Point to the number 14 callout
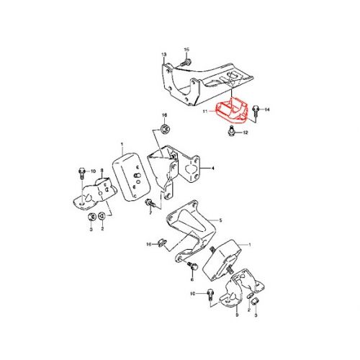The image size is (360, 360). (x=267, y=109)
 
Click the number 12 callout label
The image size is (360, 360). (x=245, y=133)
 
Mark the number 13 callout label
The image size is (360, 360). (x=163, y=55)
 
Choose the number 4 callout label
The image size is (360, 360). (x=213, y=168)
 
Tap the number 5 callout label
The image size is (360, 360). (x=220, y=220)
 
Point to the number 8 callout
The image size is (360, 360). (x=102, y=171)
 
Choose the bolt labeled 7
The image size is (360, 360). (x=192, y=267)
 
